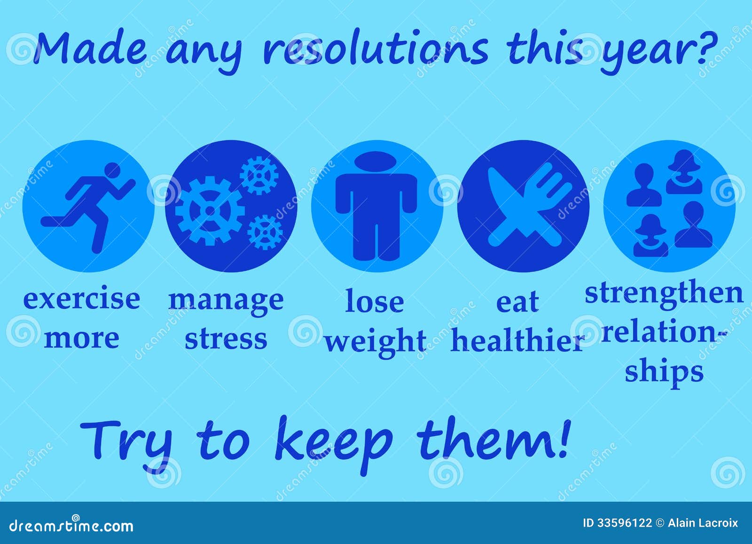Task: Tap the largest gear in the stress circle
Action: [210, 210]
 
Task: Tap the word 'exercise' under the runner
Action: [82, 299]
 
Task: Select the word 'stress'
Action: [226, 339]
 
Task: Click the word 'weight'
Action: [376, 342]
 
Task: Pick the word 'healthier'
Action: [517, 341]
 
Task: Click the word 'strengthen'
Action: [664, 293]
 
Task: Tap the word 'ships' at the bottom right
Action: [664, 371]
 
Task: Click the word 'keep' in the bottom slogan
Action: [333, 442]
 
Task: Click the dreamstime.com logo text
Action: [71, 526]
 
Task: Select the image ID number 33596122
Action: [624, 523]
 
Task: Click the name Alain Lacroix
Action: [703, 523]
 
